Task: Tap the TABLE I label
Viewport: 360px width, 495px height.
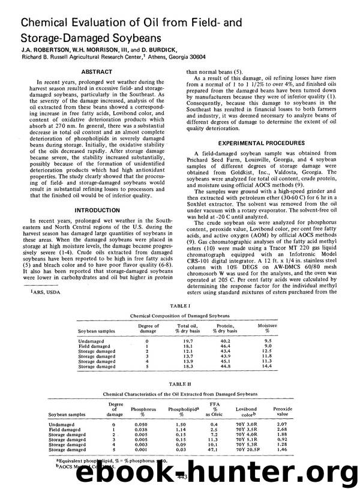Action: coord(180,304)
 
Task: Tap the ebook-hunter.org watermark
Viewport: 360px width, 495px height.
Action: coord(180,474)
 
